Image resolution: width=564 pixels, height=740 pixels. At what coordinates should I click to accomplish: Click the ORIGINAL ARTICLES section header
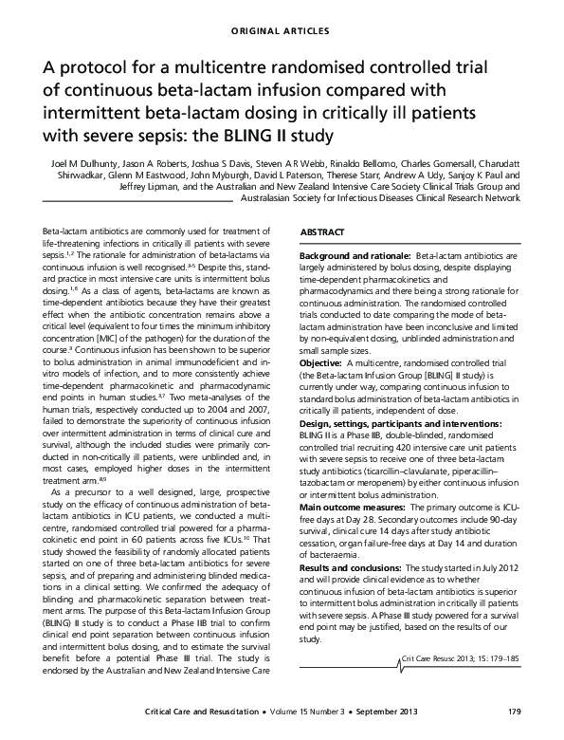tap(281, 31)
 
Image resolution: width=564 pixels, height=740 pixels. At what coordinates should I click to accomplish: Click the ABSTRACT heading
tap(329, 232)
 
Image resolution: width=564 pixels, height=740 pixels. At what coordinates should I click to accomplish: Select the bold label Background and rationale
tap(355, 257)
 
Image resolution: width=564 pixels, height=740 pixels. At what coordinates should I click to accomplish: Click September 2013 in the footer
tap(410, 712)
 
